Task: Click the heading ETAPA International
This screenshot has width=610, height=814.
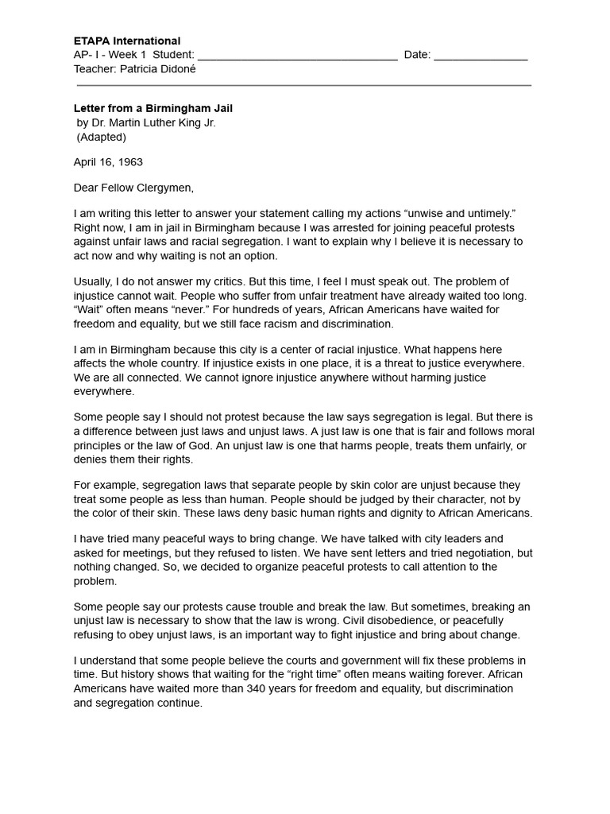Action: point(127,41)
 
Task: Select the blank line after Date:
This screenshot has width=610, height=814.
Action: point(481,56)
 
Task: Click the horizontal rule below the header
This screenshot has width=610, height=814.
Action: point(303,85)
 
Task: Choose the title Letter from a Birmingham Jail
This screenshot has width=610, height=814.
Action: point(153,108)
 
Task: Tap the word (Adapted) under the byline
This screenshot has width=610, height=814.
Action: point(101,137)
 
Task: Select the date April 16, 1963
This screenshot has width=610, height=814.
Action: point(108,162)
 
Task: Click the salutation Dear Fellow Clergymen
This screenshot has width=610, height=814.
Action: point(133,188)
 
